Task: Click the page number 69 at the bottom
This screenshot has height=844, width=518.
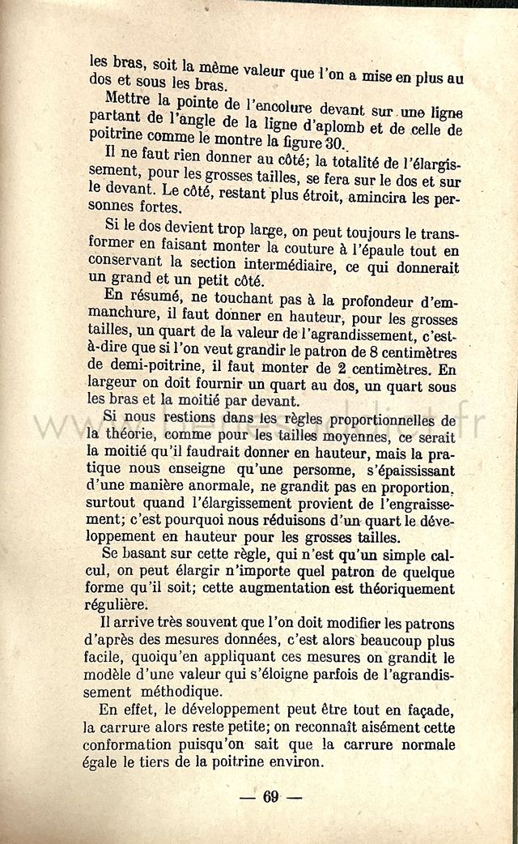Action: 270,797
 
